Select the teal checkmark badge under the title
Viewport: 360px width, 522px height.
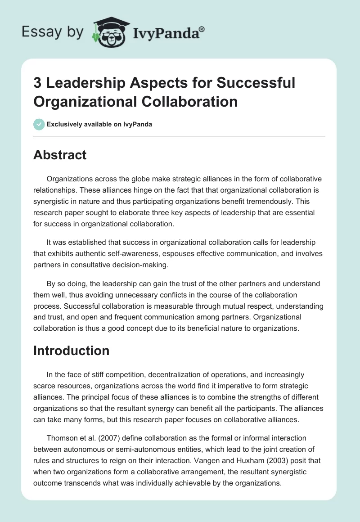pos(39,124)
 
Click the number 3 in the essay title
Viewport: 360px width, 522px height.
pos(38,83)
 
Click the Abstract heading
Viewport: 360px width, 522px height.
pos(60,155)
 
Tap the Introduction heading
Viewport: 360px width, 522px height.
pos(71,351)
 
